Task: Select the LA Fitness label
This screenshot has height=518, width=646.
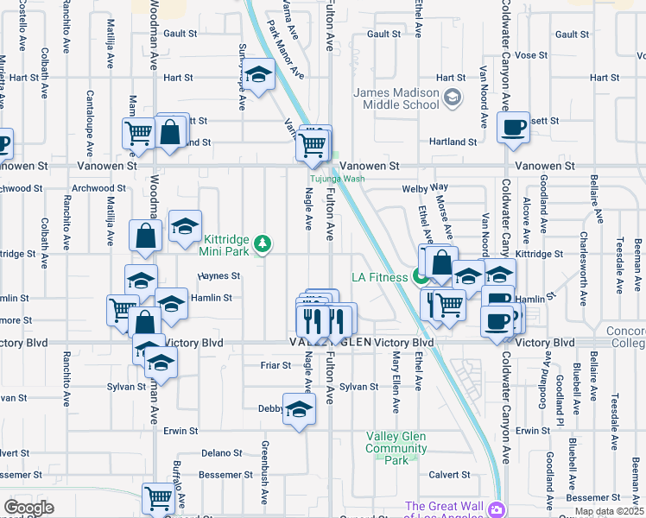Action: [x=379, y=276]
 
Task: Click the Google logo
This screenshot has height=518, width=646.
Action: [x=28, y=508]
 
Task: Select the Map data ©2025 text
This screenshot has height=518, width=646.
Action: [x=610, y=511]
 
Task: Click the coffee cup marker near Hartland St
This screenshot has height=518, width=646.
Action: [x=515, y=128]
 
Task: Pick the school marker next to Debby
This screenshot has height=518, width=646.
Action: [x=299, y=409]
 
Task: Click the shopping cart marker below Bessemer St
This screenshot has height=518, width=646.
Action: [x=158, y=497]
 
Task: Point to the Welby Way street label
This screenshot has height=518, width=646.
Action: [x=425, y=187]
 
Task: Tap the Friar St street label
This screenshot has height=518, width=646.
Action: [x=275, y=365]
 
